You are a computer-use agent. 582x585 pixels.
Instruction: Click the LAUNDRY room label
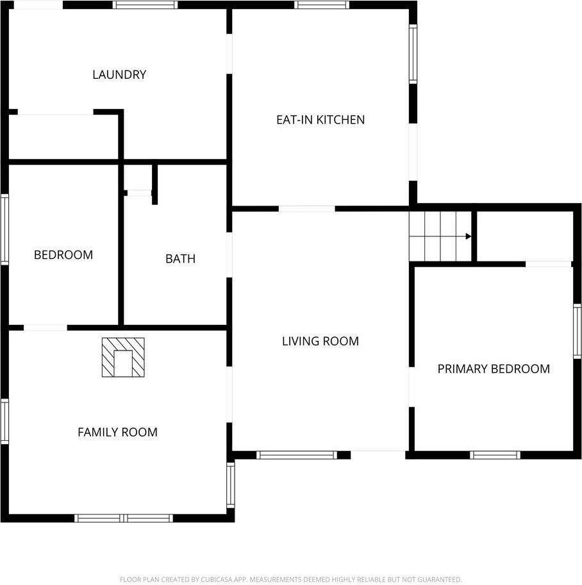(x=119, y=74)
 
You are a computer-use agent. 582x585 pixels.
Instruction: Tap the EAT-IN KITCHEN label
(x=320, y=119)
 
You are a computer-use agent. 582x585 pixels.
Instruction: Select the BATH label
(x=180, y=259)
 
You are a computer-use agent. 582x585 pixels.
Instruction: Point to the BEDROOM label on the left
(x=63, y=254)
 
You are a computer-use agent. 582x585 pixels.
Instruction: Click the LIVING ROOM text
(x=320, y=341)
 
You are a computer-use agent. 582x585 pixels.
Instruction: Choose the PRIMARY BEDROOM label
(x=494, y=368)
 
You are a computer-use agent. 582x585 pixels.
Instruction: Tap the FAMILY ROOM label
(x=117, y=432)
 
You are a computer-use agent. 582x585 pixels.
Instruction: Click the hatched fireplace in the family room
(x=122, y=358)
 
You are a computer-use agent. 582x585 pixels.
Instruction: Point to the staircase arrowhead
(x=469, y=236)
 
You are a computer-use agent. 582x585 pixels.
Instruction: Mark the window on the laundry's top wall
(x=145, y=4)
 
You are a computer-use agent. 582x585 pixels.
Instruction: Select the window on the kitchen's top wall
(x=322, y=4)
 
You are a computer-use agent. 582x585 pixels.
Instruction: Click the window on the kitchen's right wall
(x=413, y=54)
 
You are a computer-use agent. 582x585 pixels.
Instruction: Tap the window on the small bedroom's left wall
(x=4, y=229)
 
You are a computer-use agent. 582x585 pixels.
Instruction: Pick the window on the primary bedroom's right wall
(x=577, y=331)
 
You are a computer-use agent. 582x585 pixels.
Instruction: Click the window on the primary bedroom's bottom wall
(x=494, y=455)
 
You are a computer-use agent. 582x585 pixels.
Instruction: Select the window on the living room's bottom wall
(x=296, y=455)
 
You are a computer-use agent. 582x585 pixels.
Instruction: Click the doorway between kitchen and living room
(x=306, y=208)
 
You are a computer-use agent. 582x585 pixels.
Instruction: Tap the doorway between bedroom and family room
(x=45, y=328)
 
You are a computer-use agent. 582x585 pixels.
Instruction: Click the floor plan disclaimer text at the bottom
(x=290, y=579)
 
